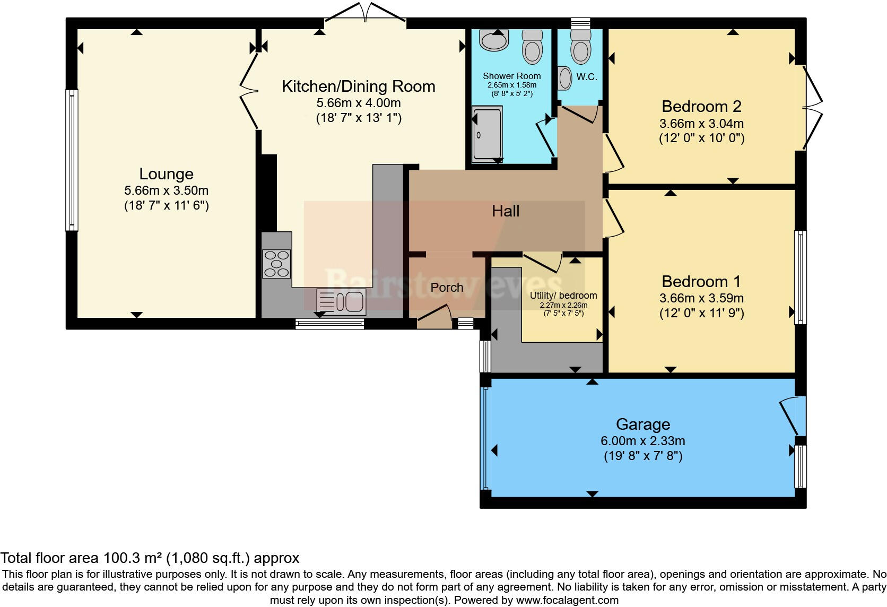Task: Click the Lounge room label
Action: (x=167, y=174)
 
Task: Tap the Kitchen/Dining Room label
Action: (x=359, y=86)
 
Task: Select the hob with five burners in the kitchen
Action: (x=276, y=264)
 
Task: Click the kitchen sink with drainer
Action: (x=341, y=302)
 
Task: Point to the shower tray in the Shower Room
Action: (x=486, y=134)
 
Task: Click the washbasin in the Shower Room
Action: (x=494, y=40)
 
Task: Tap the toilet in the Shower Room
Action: (x=532, y=47)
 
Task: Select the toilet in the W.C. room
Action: (x=580, y=47)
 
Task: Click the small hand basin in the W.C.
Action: (x=564, y=79)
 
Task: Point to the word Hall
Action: (x=506, y=211)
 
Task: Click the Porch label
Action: (x=447, y=288)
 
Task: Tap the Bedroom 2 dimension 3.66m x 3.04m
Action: (x=701, y=124)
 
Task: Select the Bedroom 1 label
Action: (x=701, y=282)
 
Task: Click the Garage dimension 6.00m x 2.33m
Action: (x=642, y=441)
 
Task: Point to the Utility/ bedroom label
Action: (x=563, y=296)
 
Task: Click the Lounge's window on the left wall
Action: (x=72, y=160)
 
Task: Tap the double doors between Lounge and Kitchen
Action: (x=249, y=91)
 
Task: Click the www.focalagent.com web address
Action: (x=567, y=600)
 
